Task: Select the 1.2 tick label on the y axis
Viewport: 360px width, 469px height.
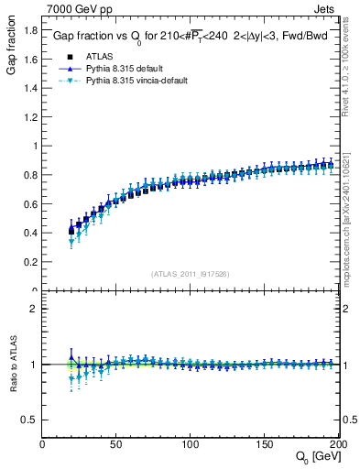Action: [x=29, y=116]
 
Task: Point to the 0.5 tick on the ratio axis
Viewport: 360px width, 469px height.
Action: [x=29, y=420]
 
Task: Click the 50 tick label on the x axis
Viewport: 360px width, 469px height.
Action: [x=116, y=444]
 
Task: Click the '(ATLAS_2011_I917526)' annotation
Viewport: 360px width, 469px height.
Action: [x=191, y=274]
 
